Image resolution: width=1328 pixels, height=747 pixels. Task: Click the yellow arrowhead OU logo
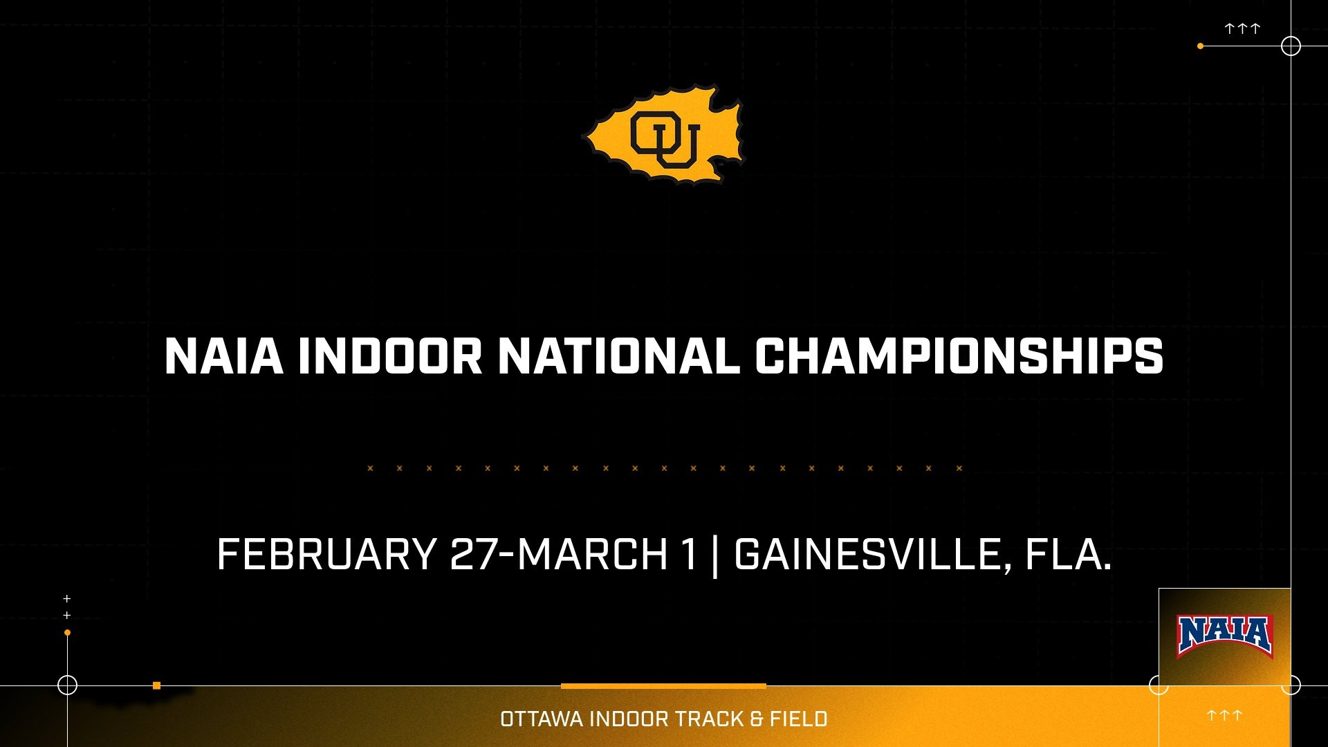[x=665, y=135]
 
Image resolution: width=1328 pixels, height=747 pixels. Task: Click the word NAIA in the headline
[x=223, y=357]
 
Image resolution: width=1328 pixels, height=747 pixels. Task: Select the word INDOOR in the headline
[x=389, y=357]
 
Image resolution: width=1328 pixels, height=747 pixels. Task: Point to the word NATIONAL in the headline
[x=618, y=357]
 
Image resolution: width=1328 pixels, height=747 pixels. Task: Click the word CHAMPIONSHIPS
[x=959, y=357]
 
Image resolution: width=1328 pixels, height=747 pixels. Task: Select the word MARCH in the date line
[x=593, y=555]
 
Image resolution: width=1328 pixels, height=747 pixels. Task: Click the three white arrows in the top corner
[x=1242, y=28]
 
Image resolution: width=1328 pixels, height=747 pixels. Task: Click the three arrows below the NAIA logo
[x=1224, y=715]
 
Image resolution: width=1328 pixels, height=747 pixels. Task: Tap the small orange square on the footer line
[x=157, y=685]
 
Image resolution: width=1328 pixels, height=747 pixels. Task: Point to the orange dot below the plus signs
[x=67, y=632]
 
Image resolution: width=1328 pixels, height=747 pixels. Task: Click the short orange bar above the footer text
[x=663, y=686]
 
